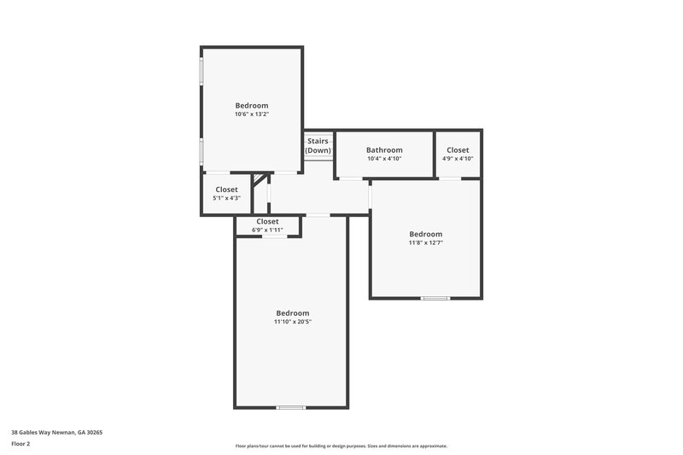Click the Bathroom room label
[384, 150]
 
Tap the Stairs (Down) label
[318, 146]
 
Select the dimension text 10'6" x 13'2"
[252, 114]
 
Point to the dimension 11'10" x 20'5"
[292, 322]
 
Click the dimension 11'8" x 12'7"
[425, 242]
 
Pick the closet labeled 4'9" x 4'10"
[458, 159]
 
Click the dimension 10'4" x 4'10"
[384, 159]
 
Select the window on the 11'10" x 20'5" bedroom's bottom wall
[291, 407]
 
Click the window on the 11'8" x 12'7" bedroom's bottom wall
[435, 298]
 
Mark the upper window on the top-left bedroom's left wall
[201, 72]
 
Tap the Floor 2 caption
[20, 444]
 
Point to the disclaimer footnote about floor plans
[341, 446]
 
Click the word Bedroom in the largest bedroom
[292, 312]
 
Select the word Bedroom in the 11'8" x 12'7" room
[425, 234]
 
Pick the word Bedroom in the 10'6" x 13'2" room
[252, 106]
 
